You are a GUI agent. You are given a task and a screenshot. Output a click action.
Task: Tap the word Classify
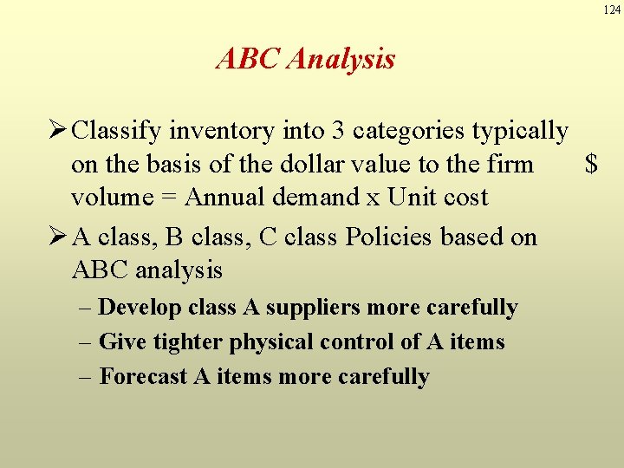pos(117,132)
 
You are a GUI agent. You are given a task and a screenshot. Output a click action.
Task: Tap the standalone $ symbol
pos(591,165)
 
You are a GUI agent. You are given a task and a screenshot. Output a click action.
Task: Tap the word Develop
pos(140,309)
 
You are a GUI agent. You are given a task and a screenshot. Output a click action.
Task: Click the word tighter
pos(188,343)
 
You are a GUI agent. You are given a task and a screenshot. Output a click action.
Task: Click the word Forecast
pos(143,377)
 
